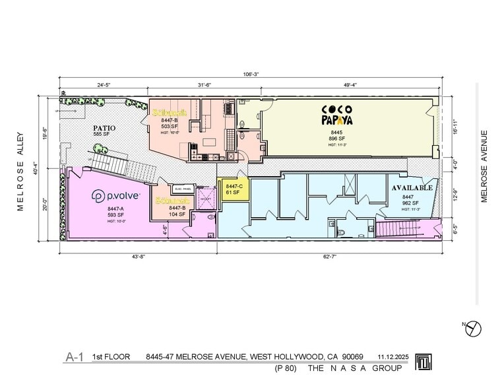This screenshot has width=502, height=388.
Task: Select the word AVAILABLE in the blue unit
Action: (x=412, y=188)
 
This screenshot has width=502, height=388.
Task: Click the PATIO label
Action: (x=104, y=128)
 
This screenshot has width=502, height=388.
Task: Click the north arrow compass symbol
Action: (x=474, y=327)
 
